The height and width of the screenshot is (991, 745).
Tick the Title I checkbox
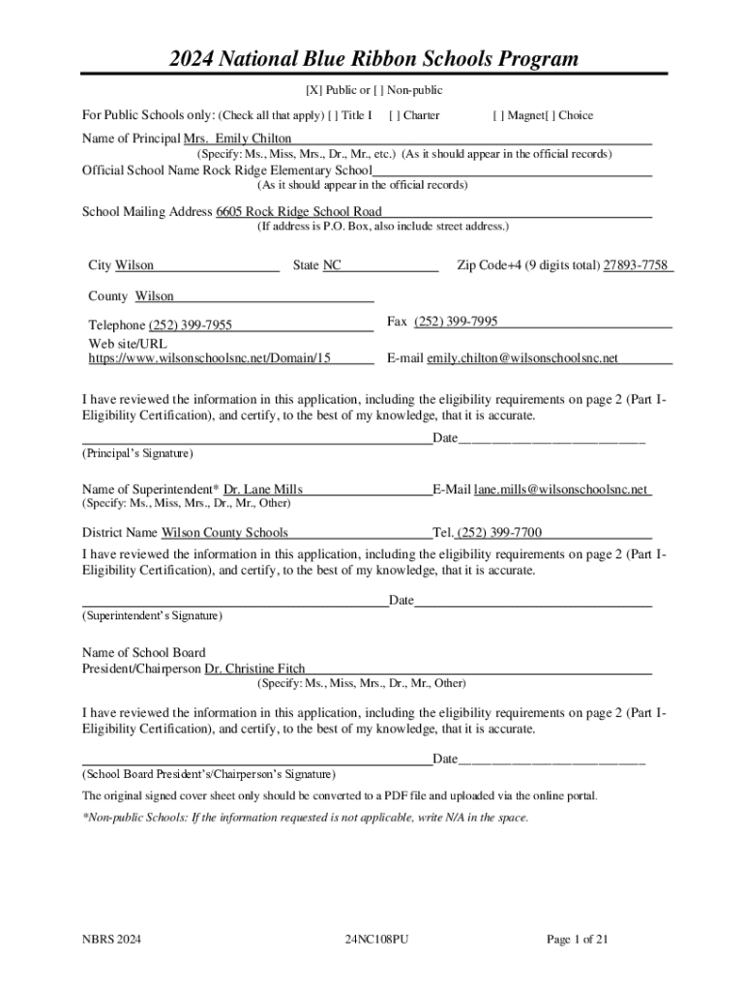click(x=334, y=116)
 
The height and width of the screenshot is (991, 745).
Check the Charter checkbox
click(x=394, y=116)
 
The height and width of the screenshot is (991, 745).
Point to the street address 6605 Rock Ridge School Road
click(x=299, y=212)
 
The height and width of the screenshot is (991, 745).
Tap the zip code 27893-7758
click(x=636, y=266)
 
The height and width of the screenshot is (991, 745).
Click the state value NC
click(x=331, y=266)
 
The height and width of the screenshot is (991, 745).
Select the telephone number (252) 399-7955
click(x=190, y=325)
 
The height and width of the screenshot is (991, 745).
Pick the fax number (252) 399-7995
click(x=456, y=322)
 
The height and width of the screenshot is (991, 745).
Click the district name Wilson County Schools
click(x=224, y=533)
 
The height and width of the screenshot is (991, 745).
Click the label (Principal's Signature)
click(x=137, y=453)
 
